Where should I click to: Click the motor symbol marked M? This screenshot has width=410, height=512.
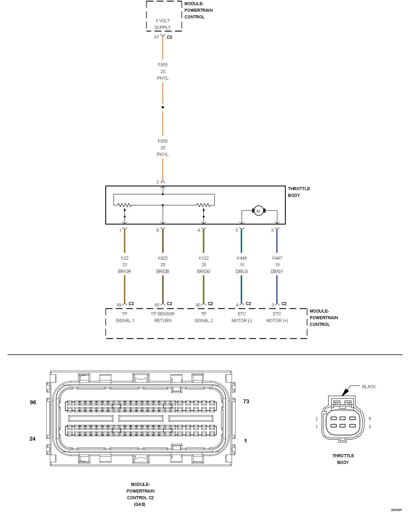tap(258, 211)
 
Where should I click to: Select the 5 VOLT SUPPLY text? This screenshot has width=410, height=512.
tap(163, 24)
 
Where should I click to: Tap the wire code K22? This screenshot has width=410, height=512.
tap(125, 258)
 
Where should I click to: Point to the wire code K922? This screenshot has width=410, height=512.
tap(163, 258)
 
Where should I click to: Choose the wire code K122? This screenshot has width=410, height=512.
tap(203, 258)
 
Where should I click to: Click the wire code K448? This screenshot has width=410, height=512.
tap(242, 258)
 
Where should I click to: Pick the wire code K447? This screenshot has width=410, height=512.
tap(277, 258)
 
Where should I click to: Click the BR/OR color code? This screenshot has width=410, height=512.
tap(125, 271)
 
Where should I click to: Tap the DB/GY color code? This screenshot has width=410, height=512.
tap(277, 271)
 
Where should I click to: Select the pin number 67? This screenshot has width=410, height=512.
tap(156, 37)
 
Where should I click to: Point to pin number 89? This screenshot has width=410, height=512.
tap(119, 305)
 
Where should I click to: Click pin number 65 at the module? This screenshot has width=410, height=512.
tap(157, 305)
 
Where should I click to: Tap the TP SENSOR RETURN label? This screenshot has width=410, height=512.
tap(163, 317)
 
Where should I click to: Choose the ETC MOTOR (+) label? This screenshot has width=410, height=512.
tap(277, 317)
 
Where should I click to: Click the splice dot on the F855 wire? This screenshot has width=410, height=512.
tap(163, 107)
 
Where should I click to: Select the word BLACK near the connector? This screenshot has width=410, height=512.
tap(369, 387)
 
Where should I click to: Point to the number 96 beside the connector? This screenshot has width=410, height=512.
tap(33, 402)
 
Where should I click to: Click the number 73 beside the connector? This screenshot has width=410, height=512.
tap(246, 401)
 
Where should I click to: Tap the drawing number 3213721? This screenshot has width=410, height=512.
tap(396, 510)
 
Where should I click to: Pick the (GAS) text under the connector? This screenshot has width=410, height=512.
tap(140, 504)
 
